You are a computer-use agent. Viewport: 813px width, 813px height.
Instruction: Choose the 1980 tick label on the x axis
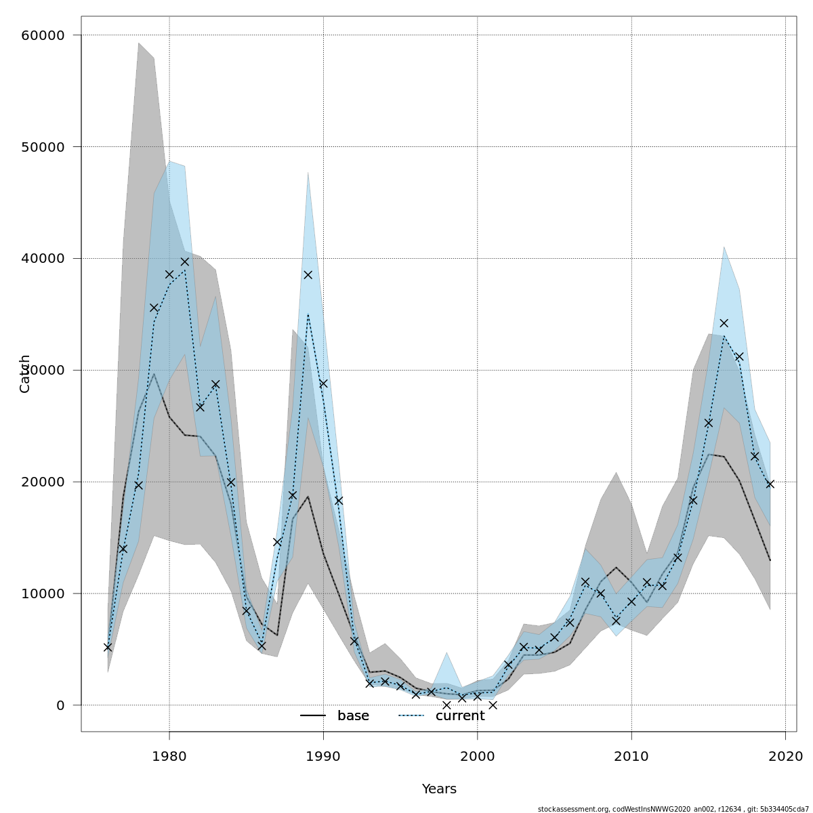click(169, 755)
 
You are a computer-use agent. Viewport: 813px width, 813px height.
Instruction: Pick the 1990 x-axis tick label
click(323, 755)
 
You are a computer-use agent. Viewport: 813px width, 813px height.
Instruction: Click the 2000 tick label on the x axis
click(478, 755)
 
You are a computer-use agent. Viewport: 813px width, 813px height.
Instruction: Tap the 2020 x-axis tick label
click(786, 755)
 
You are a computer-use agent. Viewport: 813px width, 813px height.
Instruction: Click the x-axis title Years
click(439, 789)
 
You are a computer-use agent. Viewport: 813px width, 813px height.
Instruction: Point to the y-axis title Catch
click(25, 373)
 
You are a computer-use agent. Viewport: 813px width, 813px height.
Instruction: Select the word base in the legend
click(353, 716)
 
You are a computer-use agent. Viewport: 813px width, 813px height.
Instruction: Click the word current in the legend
click(460, 716)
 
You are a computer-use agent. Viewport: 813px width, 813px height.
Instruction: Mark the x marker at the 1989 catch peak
click(308, 274)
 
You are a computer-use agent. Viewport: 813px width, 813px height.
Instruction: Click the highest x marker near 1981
click(184, 262)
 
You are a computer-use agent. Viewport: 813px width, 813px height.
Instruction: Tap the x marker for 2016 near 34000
click(724, 323)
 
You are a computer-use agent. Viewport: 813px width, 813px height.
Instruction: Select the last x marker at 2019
click(770, 484)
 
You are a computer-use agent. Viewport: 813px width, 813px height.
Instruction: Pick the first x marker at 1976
click(108, 647)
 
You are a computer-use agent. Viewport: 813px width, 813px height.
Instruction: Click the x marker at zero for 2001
click(493, 705)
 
